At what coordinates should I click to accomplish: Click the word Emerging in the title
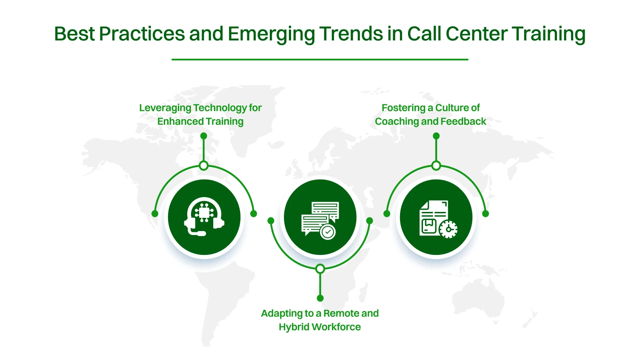[271, 34]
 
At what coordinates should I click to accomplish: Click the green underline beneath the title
[320, 60]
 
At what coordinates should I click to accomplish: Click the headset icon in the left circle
[204, 217]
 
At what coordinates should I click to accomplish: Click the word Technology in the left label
[220, 108]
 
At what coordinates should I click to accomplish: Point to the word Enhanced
[180, 121]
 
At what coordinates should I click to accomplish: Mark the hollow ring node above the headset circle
[204, 166]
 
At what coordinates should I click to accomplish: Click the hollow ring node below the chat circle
[320, 269]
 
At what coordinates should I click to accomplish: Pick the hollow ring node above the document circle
[436, 166]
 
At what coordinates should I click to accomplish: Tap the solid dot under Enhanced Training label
[204, 136]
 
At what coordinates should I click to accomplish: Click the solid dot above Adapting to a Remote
[320, 298]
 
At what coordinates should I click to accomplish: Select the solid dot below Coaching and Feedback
[436, 136]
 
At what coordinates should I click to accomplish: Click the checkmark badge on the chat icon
[328, 232]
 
